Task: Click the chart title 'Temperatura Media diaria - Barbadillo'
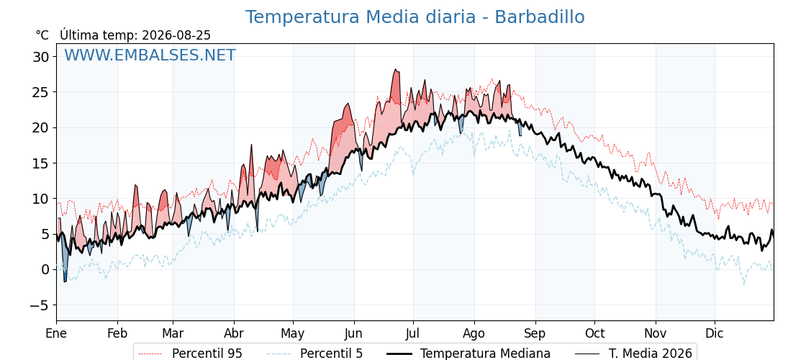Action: pos(415,17)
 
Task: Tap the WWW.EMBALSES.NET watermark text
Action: pos(150,55)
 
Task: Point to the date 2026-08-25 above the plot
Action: pos(176,35)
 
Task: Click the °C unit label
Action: pos(42,35)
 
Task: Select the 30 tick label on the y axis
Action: pos(42,57)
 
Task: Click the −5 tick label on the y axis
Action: pos(38,305)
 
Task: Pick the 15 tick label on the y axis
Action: pos(42,163)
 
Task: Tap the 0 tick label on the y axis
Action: pos(46,269)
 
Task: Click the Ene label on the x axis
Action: pos(56,333)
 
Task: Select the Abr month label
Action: pos(234,333)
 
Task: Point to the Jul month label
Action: pos(413,333)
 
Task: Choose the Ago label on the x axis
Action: pos(474,333)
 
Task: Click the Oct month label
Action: pos(594,333)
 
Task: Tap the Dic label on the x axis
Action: pos(715,333)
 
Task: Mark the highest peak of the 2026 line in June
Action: pos(395,69)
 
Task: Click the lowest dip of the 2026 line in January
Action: pos(65,282)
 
